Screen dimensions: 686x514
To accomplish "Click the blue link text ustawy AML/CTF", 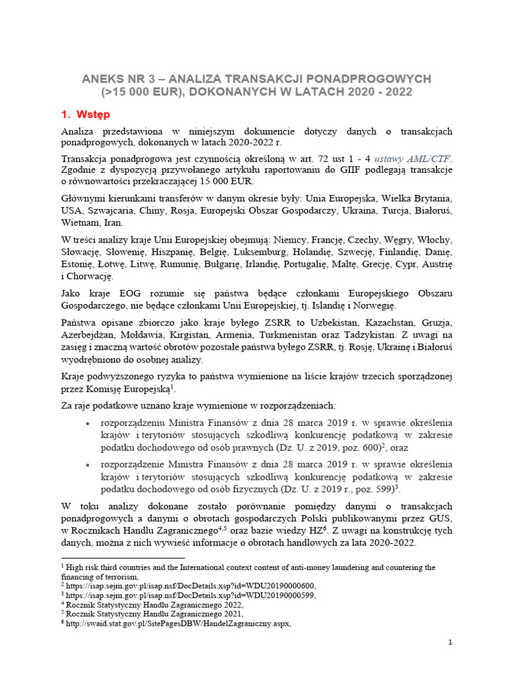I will [413, 159].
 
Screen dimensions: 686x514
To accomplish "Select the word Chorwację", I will [90, 276].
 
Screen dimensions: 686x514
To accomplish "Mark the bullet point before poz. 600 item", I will [89, 423].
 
